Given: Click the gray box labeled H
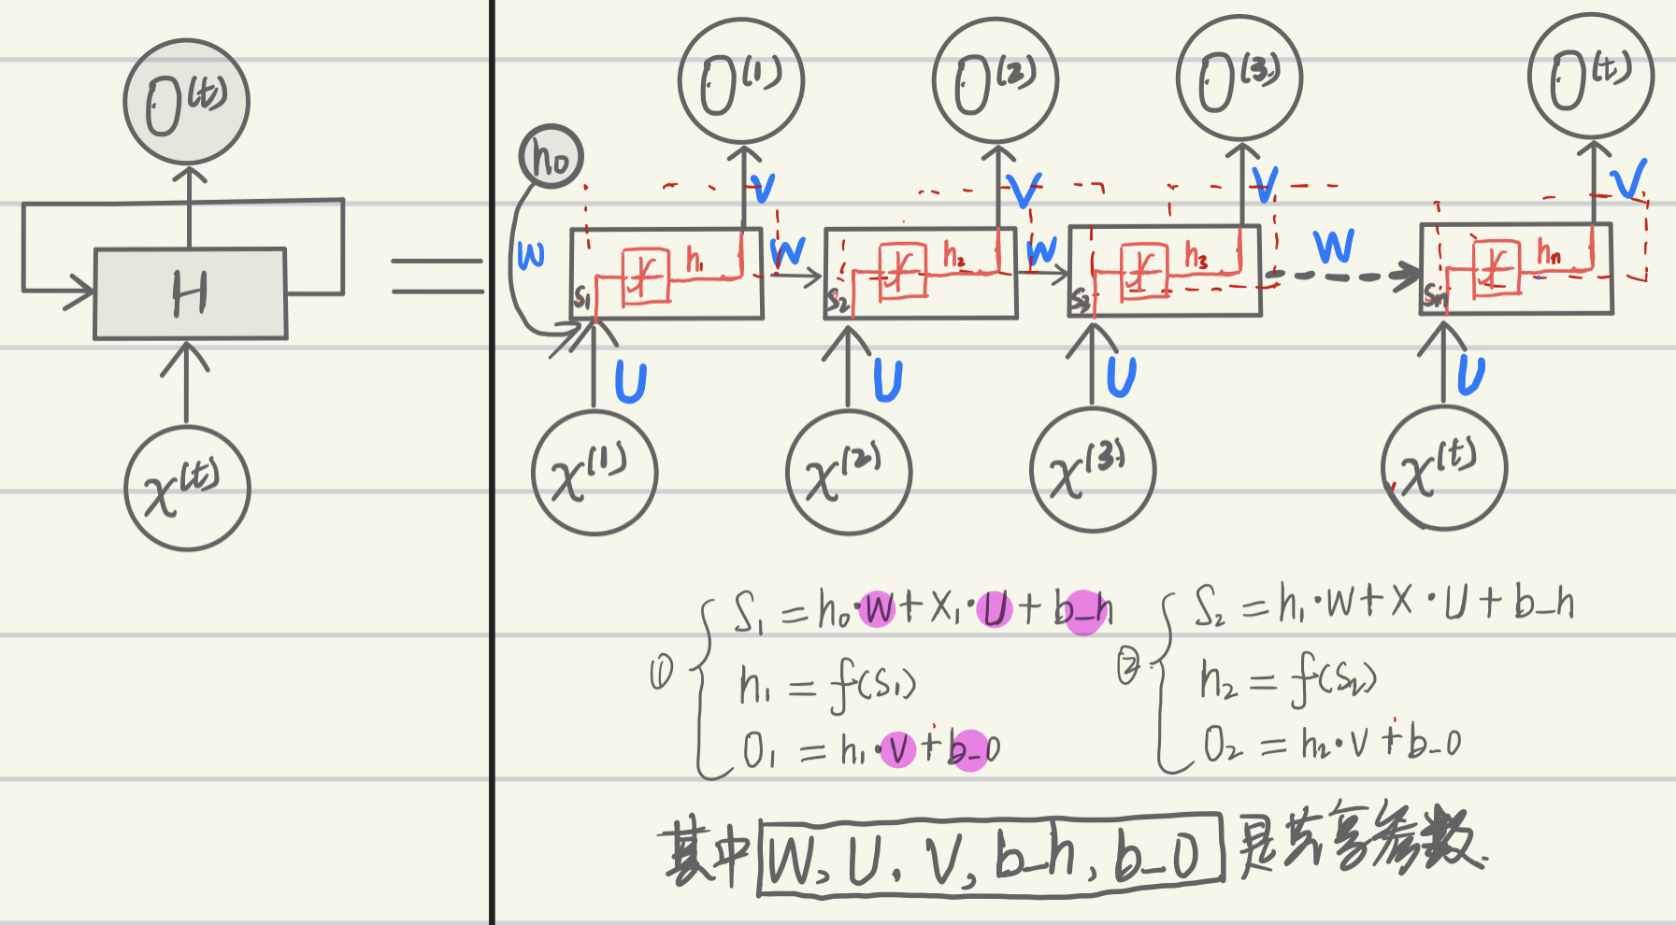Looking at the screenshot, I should [190, 293].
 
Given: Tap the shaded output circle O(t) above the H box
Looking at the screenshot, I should [187, 102].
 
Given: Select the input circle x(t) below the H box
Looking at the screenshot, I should [187, 488].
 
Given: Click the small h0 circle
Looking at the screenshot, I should [551, 156].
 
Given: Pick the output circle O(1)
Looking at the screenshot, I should [741, 81].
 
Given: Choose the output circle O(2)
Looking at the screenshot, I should [996, 80].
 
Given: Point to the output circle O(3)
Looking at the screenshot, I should [1239, 78].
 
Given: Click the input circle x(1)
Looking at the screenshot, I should [594, 473].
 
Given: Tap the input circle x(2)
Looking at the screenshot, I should [849, 472].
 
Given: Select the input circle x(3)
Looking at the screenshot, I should [1093, 469].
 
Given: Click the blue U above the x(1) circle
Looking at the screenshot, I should [631, 381].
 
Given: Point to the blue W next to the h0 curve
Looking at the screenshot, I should [530, 254].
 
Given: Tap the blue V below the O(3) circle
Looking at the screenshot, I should [1265, 184].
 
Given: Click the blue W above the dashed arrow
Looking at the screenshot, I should [1333, 246].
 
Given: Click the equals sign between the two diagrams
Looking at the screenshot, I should [437, 276].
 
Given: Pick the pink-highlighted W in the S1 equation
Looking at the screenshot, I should [877, 609].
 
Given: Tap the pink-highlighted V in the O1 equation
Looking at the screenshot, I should [897, 749].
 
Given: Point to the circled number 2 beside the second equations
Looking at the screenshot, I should [1129, 667].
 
